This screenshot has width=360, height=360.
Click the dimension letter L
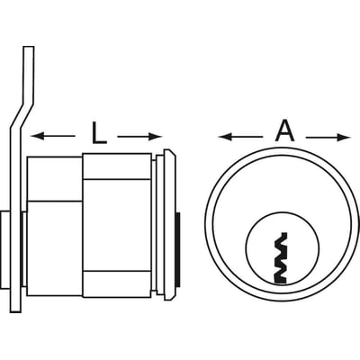click(99, 132)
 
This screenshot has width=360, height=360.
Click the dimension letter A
click(285, 131)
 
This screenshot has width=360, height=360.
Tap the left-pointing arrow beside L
click(53, 137)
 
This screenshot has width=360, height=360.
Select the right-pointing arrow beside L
click(139, 137)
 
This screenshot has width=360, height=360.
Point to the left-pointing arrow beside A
click(240, 137)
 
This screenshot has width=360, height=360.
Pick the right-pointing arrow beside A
click(328, 138)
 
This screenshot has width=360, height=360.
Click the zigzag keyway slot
click(281, 258)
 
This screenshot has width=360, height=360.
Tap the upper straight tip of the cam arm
click(29, 48)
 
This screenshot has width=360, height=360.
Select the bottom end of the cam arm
click(15, 311)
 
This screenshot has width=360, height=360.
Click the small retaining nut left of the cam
click(5, 249)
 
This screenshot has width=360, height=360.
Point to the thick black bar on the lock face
click(178, 249)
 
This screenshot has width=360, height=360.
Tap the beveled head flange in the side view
click(169, 224)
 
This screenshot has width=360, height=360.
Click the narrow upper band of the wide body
click(117, 166)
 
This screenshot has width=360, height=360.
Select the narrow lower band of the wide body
click(117, 284)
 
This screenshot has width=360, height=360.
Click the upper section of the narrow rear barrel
click(54, 178)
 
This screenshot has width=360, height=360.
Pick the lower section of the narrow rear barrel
click(54, 248)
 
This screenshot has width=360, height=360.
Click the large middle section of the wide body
click(117, 225)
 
